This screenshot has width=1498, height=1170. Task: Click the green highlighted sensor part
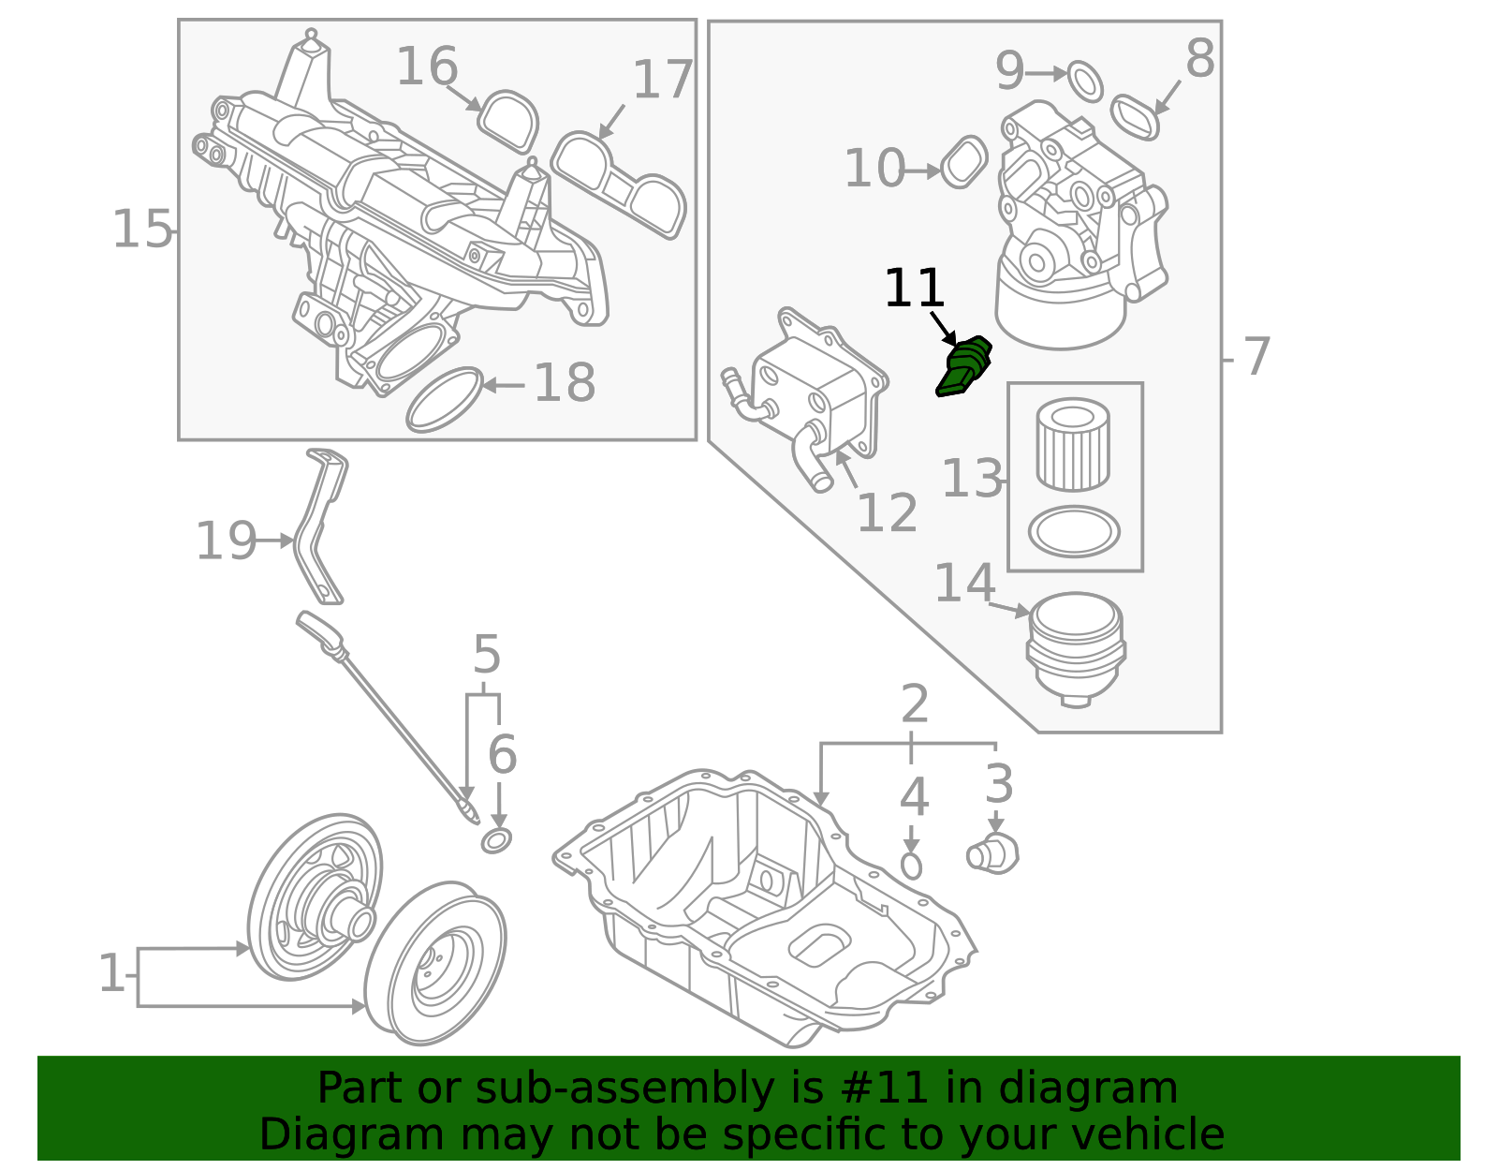pos(964,367)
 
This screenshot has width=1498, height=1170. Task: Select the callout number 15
pos(142,230)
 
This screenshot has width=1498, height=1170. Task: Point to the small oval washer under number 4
pos(911,866)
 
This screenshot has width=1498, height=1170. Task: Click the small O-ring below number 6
pos(496,840)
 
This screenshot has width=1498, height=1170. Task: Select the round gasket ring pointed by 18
pos(444,400)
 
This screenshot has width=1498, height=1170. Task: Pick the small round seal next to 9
pos(1085,81)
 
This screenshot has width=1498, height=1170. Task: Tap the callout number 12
pos(887,512)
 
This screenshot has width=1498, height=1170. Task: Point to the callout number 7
pos(1256,357)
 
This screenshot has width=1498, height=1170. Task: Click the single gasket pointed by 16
pos(509,121)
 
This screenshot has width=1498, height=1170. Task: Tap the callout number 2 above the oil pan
pos(914,704)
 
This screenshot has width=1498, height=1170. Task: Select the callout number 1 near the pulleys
pos(110,974)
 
